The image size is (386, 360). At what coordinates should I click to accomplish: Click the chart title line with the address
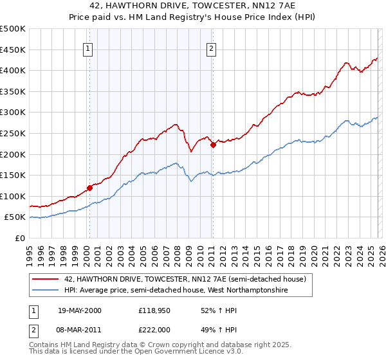click(192, 6)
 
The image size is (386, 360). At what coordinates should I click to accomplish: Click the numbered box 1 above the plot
click(87, 47)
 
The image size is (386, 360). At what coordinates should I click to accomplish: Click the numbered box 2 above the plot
click(211, 47)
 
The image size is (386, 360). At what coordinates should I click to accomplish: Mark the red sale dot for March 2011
click(213, 145)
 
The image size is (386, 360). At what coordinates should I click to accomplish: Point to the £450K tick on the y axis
click(13, 50)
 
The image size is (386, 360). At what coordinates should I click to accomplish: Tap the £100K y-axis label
click(13, 196)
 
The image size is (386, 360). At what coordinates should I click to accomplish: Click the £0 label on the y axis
click(19, 238)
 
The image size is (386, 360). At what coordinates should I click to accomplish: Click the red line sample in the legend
click(46, 279)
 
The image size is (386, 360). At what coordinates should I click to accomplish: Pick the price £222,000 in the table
click(155, 330)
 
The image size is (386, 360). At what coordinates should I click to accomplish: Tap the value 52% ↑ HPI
click(216, 310)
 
